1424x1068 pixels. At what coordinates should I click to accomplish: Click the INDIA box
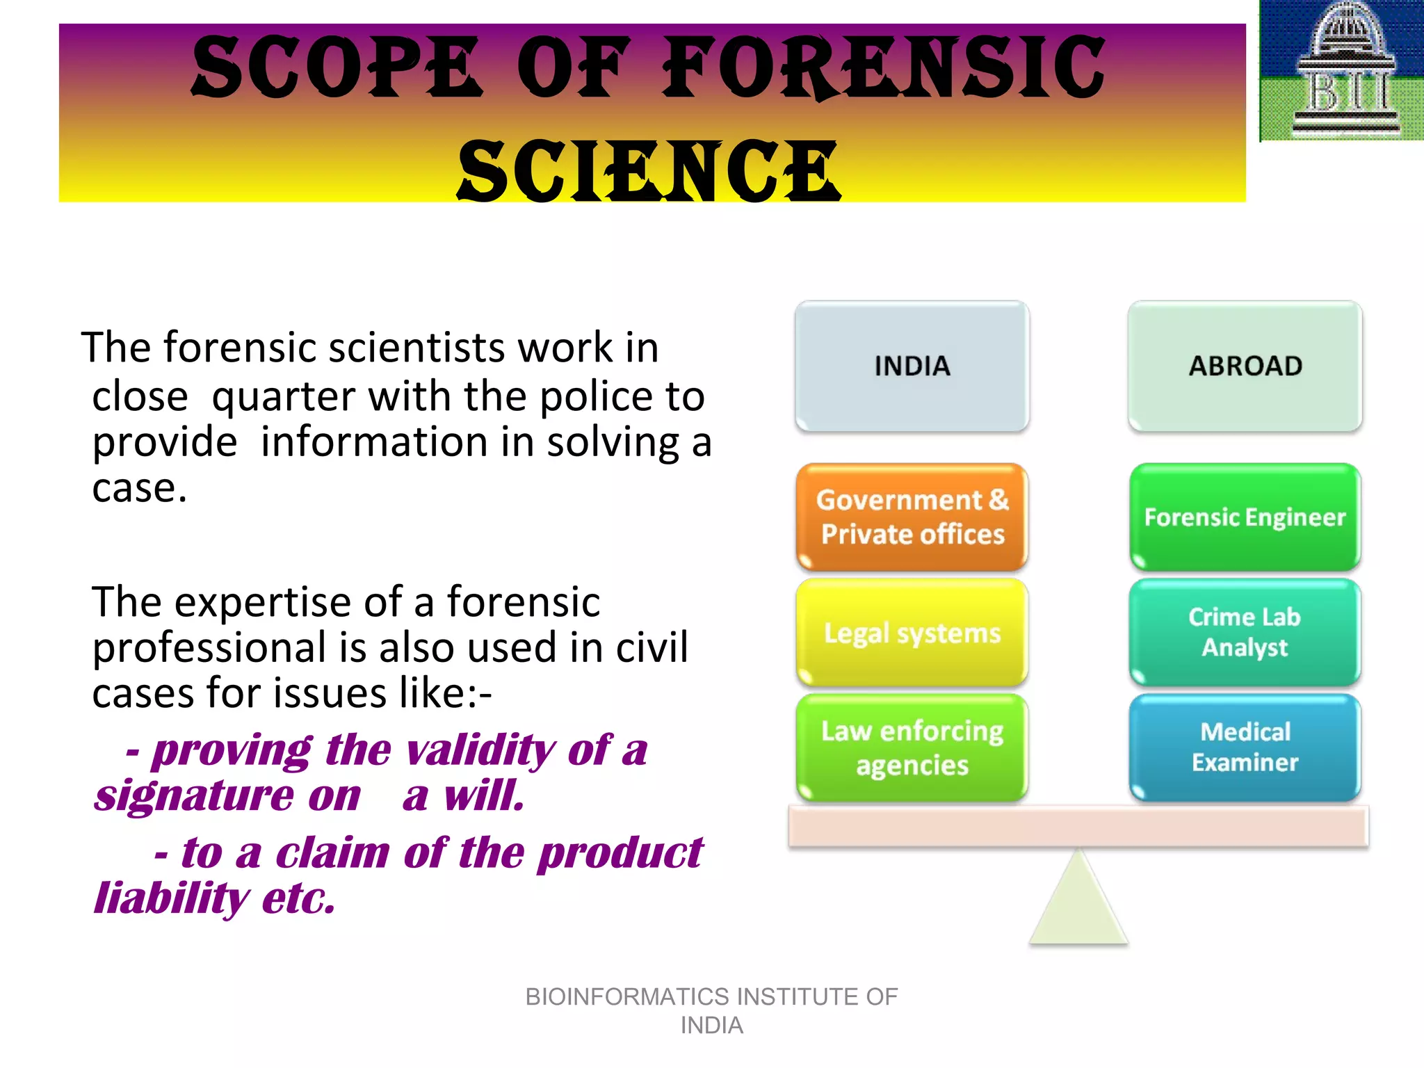tap(912, 366)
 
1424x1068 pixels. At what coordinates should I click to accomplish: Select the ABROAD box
tap(1245, 366)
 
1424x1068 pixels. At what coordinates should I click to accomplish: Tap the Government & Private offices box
tap(912, 517)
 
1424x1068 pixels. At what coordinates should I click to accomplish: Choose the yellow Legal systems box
tap(912, 633)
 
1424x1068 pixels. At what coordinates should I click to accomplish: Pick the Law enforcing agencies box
tap(912, 747)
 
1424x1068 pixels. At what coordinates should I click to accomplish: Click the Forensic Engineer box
tap(1245, 517)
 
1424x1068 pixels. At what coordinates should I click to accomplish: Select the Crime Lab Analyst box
tap(1245, 632)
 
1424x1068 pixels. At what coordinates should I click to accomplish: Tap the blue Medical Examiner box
tap(1245, 747)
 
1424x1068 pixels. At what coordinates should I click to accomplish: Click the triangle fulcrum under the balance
tap(1078, 904)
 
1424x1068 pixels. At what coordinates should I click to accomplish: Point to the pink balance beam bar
tap(1078, 826)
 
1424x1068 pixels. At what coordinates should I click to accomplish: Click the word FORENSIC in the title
tap(883, 68)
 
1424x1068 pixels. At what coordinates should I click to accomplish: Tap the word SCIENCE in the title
tap(649, 170)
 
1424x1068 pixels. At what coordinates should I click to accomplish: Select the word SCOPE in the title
tap(336, 68)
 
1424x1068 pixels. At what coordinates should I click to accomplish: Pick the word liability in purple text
tap(171, 898)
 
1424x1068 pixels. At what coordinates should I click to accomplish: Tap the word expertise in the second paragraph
tap(265, 601)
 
